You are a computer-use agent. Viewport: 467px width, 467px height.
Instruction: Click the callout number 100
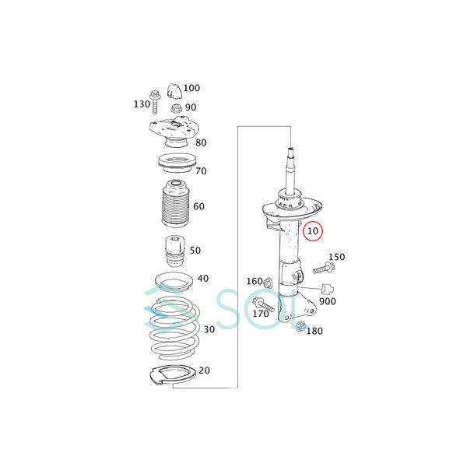[191, 88]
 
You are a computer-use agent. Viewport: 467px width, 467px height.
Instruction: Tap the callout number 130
[141, 104]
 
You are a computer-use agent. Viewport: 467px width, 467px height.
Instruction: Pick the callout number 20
[204, 370]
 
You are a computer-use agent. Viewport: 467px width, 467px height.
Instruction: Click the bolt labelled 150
[324, 269]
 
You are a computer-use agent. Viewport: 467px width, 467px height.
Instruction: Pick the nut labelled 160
[268, 283]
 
